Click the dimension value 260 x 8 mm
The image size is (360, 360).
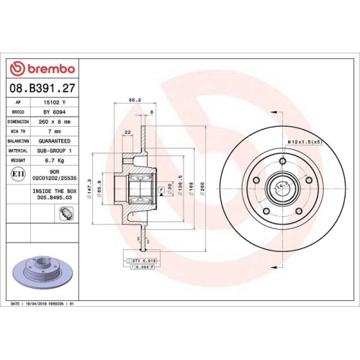[57, 122]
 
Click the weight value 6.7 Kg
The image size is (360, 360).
[57, 162]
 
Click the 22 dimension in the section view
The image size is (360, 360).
[127, 132]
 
